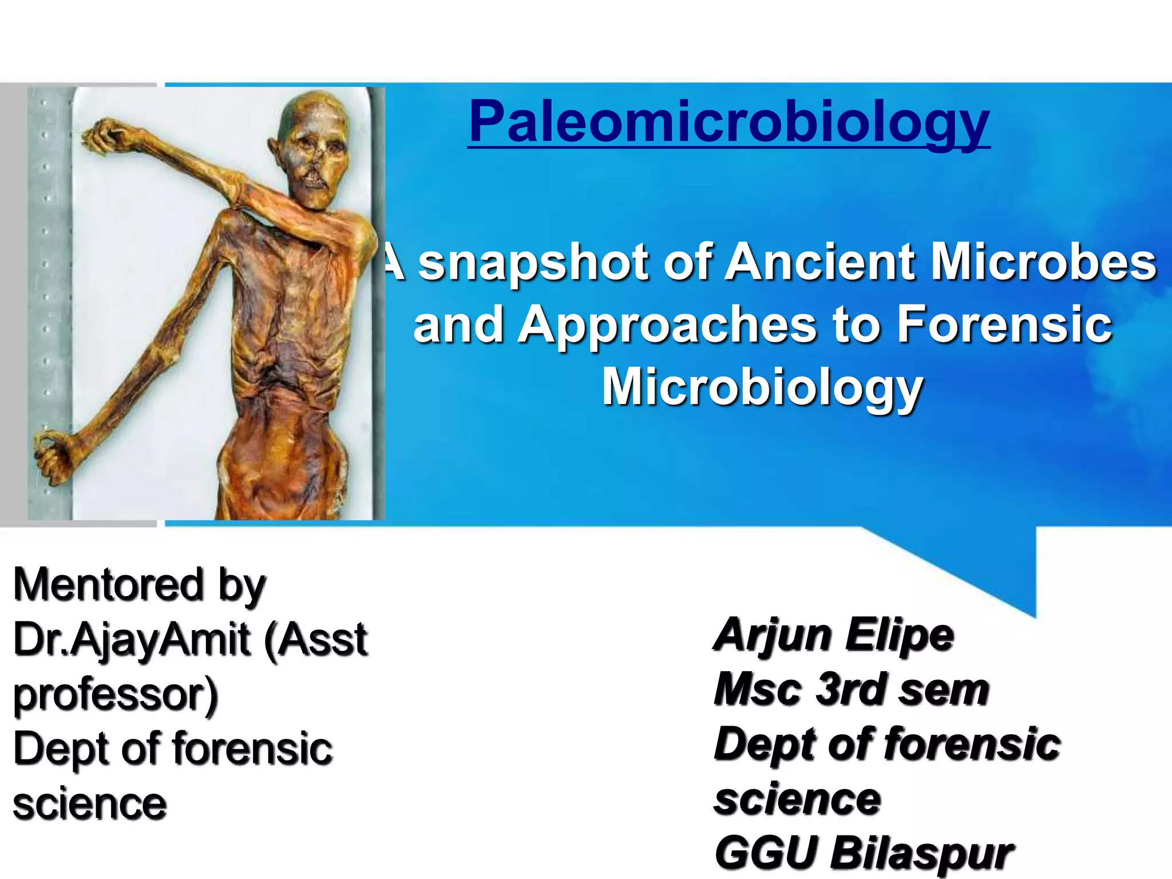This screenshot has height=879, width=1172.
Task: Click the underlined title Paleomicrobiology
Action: tap(728, 122)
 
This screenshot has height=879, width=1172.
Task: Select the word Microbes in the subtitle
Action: tap(1044, 262)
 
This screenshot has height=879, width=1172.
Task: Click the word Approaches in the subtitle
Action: tap(667, 325)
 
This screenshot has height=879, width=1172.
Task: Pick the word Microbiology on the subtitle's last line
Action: tap(762, 387)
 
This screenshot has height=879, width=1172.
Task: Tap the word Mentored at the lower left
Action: tap(109, 584)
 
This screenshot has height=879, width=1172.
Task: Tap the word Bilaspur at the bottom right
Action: tap(922, 853)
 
